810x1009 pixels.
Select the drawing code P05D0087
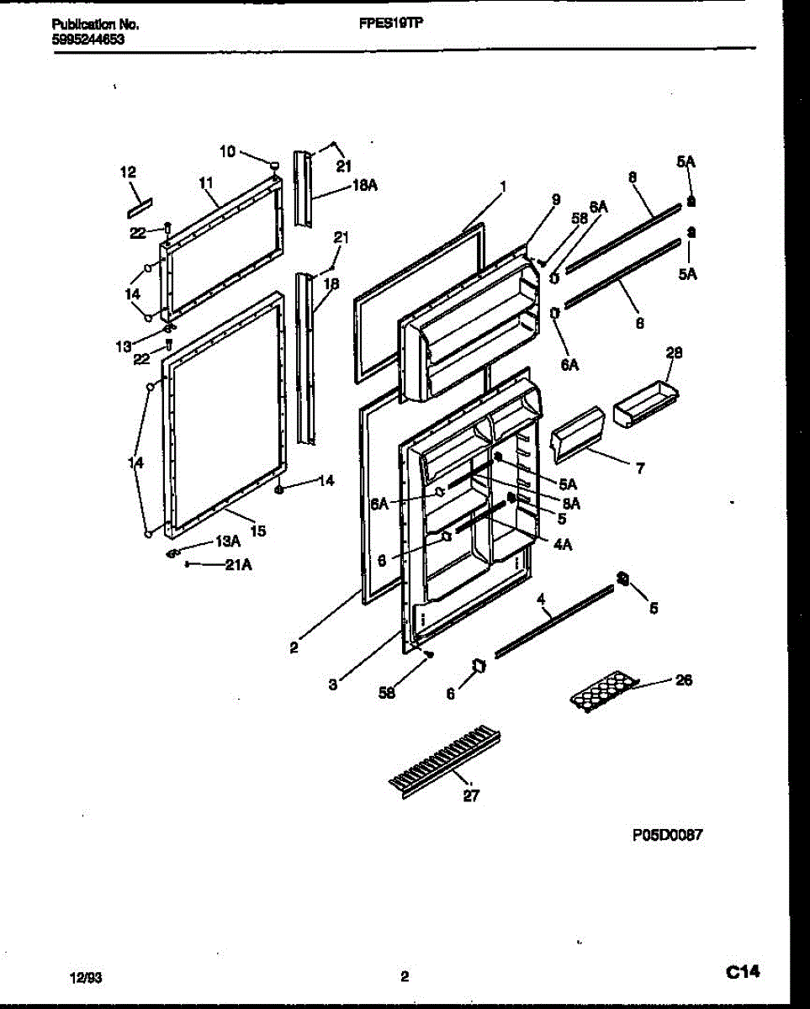tap(667, 835)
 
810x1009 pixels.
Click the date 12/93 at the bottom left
tap(84, 977)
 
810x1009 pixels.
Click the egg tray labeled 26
tap(603, 689)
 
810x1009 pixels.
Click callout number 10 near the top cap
tap(227, 151)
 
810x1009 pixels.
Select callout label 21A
tap(238, 565)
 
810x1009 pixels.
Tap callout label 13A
tap(230, 543)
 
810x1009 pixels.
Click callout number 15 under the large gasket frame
tap(258, 531)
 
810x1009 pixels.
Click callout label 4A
tap(563, 544)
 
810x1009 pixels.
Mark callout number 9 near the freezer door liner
tap(555, 200)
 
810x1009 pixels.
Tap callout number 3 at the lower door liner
tap(333, 685)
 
